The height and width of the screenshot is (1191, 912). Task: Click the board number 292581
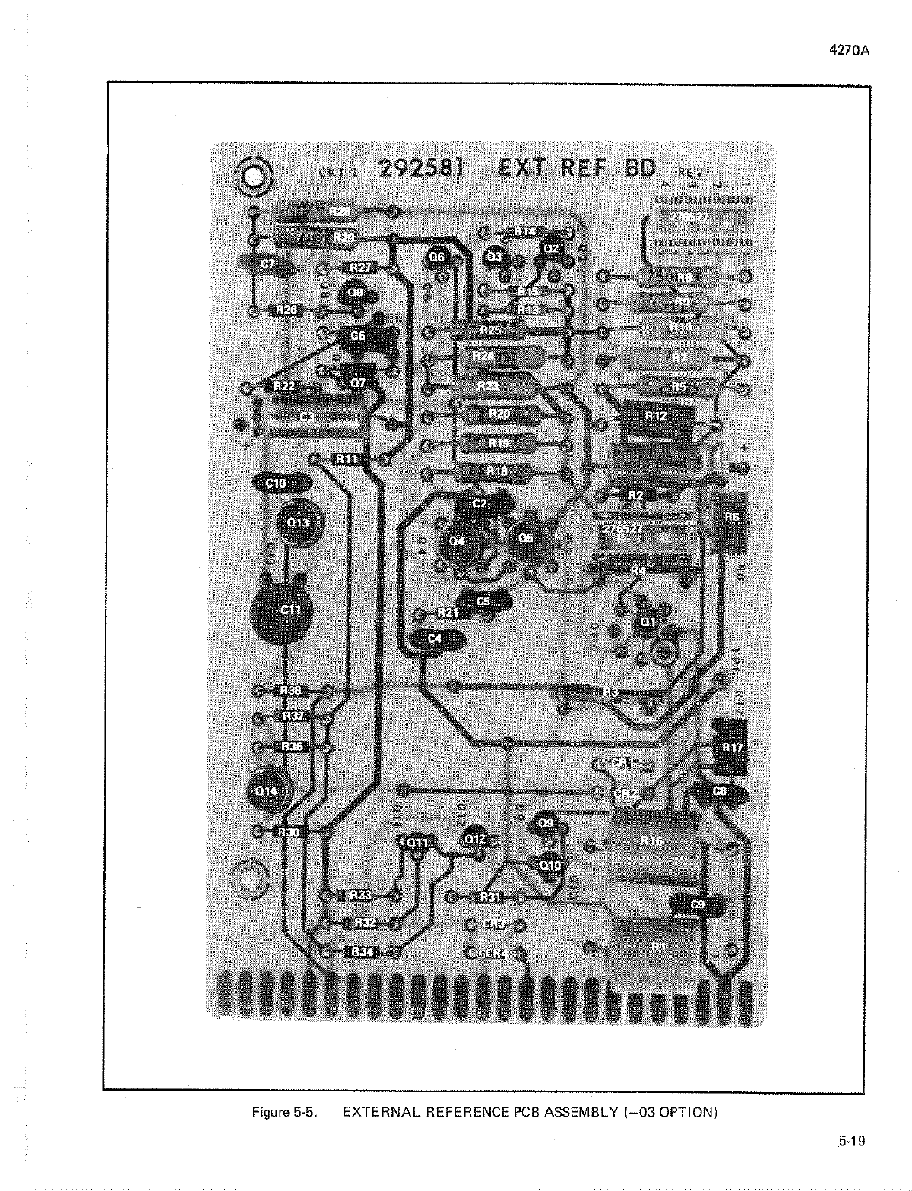pyautogui.click(x=420, y=169)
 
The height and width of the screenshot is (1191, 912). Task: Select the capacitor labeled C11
pyautogui.click(x=290, y=609)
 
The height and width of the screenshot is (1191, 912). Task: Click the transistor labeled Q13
pyautogui.click(x=299, y=523)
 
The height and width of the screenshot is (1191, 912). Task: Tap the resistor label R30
pyautogui.click(x=290, y=832)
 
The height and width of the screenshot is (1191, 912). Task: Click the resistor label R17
pyautogui.click(x=732, y=747)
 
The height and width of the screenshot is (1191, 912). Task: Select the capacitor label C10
pyautogui.click(x=276, y=483)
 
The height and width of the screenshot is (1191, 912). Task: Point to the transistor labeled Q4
pyautogui.click(x=456, y=541)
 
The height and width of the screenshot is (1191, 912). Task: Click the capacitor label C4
pyautogui.click(x=434, y=639)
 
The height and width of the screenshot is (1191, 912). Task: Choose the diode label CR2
pyautogui.click(x=623, y=793)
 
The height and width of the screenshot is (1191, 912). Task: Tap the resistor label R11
pyautogui.click(x=347, y=459)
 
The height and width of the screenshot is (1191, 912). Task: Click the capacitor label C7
pyautogui.click(x=268, y=264)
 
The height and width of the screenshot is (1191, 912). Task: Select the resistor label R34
pyautogui.click(x=361, y=952)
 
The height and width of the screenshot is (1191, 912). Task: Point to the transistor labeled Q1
pyautogui.click(x=648, y=622)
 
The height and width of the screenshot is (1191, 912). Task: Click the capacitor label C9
pyautogui.click(x=697, y=905)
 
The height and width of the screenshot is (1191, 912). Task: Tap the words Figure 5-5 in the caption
pyautogui.click(x=283, y=1113)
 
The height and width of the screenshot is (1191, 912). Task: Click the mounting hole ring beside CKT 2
pyautogui.click(x=254, y=178)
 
